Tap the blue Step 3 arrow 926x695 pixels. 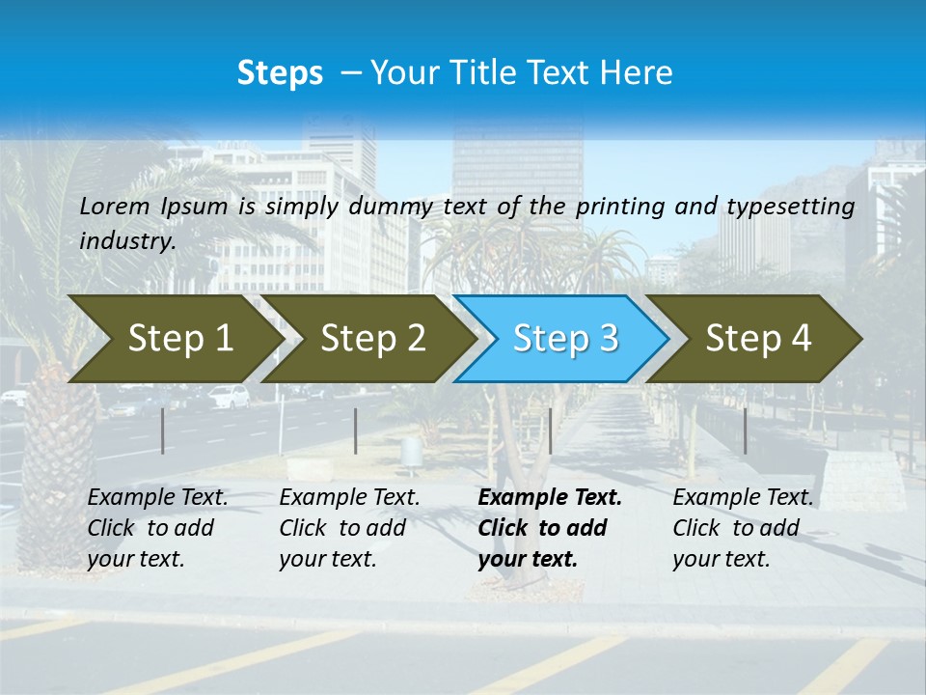(x=562, y=339)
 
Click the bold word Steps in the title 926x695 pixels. (x=280, y=73)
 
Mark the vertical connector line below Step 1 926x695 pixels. (x=163, y=431)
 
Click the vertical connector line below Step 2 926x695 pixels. (x=356, y=431)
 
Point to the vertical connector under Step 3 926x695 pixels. (x=551, y=431)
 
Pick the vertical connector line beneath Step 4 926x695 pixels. (x=746, y=431)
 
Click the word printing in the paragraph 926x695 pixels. (x=621, y=206)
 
